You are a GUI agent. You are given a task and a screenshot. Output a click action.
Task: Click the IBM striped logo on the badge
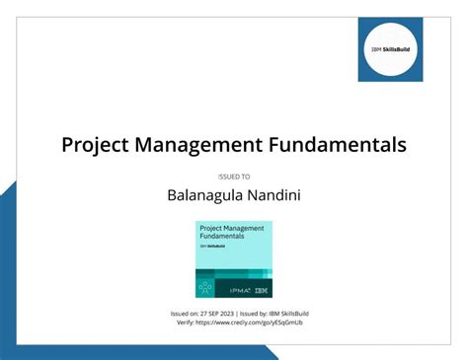pos(261,290)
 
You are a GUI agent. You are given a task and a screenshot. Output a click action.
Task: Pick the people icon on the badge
pos(205,287)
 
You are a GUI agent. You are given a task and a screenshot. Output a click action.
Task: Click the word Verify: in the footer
pos(185,323)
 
